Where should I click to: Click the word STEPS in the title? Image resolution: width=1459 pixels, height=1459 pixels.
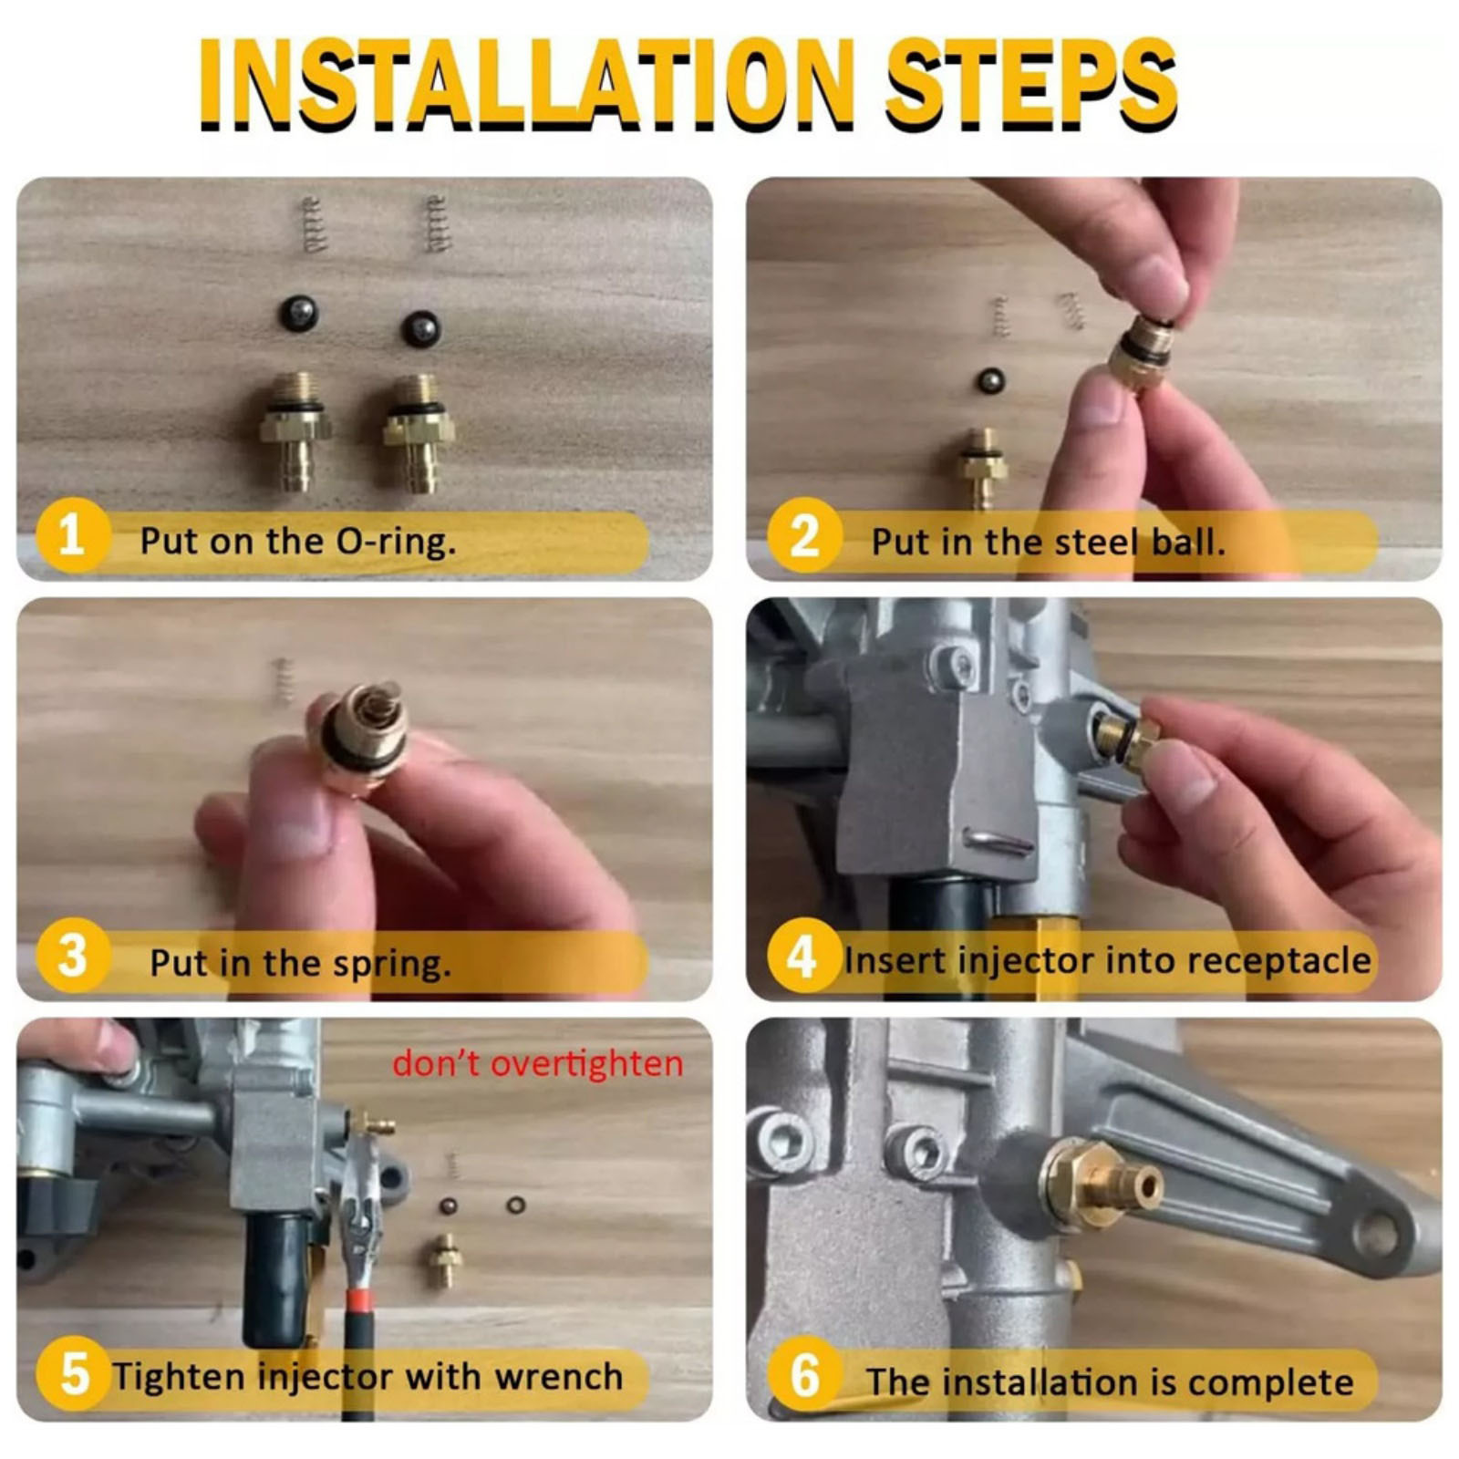pyautogui.click(x=1030, y=84)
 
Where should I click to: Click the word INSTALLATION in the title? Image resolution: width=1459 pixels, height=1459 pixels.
pyautogui.click(x=526, y=84)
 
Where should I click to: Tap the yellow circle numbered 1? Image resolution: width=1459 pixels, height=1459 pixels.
pyautogui.click(x=72, y=535)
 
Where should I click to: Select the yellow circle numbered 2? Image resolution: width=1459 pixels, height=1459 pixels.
pyautogui.click(x=803, y=535)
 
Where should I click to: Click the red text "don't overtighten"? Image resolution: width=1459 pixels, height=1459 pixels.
pyautogui.click(x=537, y=1063)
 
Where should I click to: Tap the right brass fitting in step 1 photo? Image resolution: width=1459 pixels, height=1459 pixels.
pyautogui.click(x=419, y=433)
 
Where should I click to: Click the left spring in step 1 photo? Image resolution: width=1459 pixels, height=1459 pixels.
pyautogui.click(x=312, y=224)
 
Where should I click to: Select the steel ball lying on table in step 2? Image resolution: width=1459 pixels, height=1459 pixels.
pyautogui.click(x=990, y=380)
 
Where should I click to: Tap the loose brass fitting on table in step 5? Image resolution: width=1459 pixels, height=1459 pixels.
pyautogui.click(x=445, y=1261)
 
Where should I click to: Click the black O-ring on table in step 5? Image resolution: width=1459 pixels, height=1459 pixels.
pyautogui.click(x=515, y=1205)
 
